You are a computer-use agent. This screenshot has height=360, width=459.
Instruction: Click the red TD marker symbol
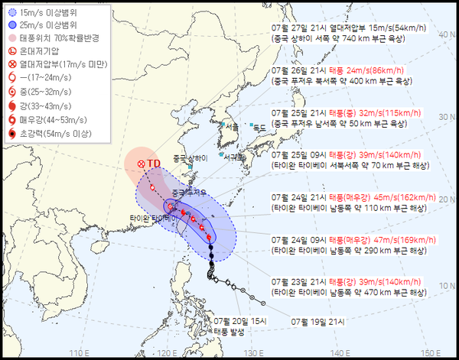click(141, 164)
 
